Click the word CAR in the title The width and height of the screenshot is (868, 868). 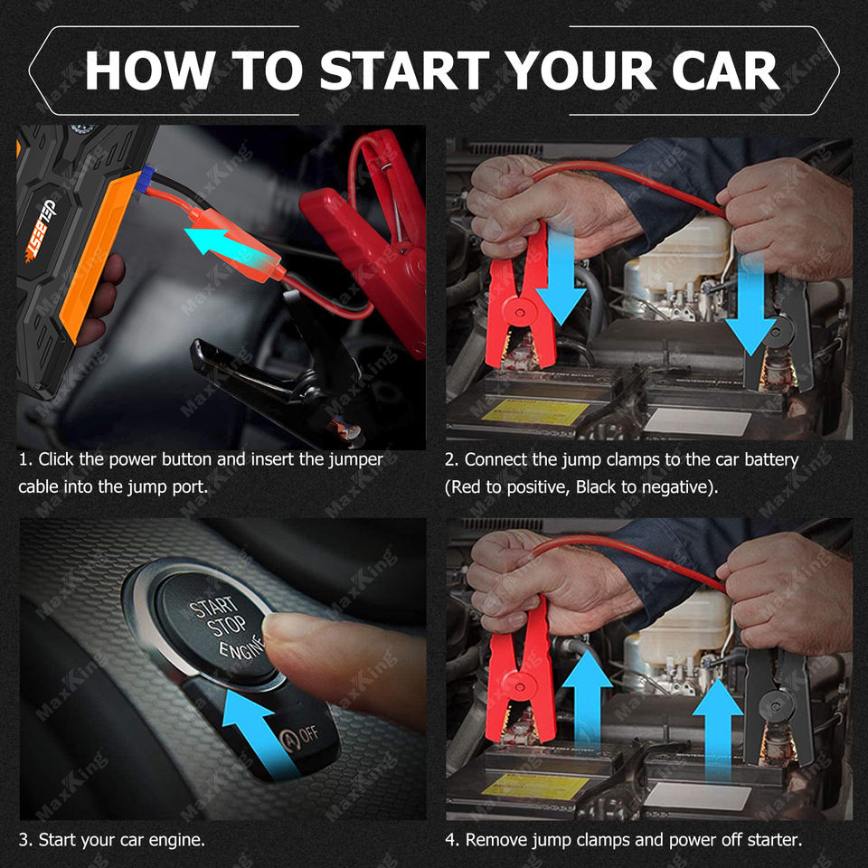pyautogui.click(x=726, y=71)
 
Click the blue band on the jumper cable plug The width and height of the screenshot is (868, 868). pyautogui.click(x=147, y=179)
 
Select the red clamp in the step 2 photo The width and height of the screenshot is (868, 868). pyautogui.click(x=520, y=302)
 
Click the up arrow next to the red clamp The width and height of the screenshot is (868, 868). pyautogui.click(x=588, y=700)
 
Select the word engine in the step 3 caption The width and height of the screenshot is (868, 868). pyautogui.click(x=176, y=841)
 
